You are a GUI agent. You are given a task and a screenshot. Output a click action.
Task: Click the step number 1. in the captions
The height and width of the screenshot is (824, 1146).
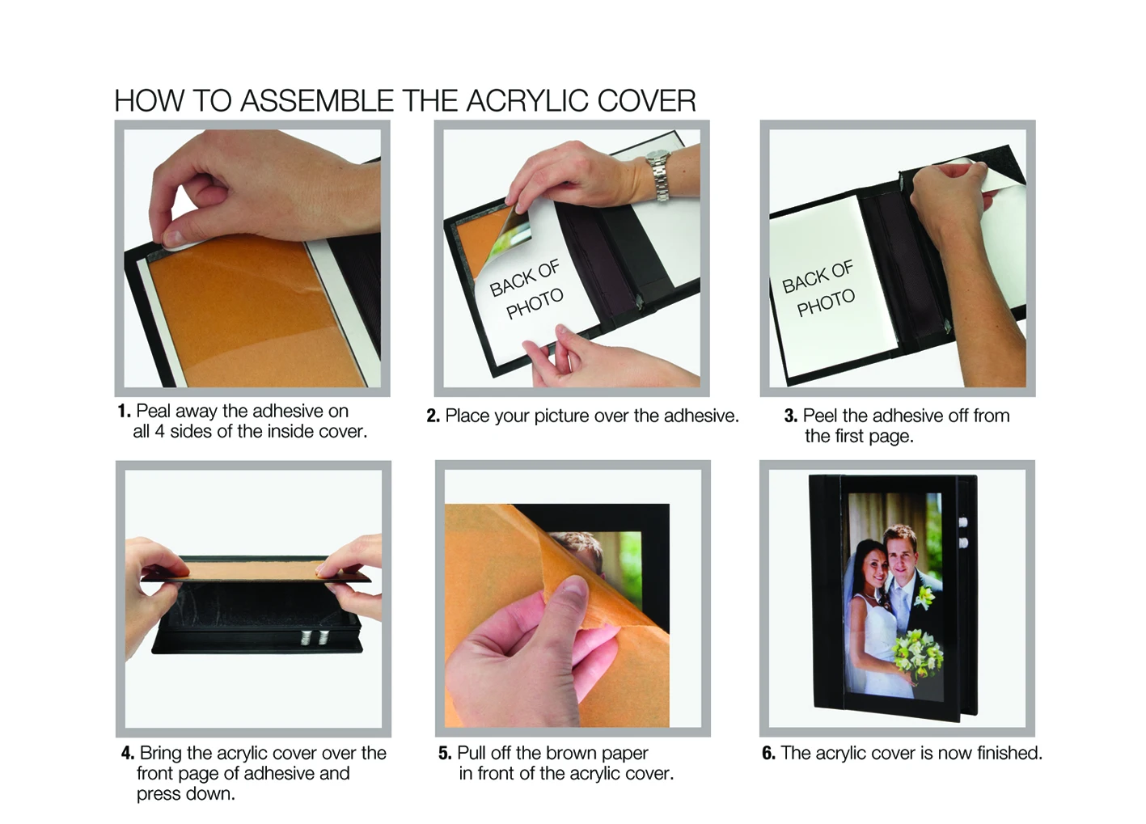125,411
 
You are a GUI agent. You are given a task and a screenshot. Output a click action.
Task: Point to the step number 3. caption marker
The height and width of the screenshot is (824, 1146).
791,416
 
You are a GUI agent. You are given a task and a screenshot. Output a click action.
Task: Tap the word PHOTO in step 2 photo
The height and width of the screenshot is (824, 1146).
535,303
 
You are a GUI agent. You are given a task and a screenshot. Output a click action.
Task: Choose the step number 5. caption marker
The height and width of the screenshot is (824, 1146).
445,753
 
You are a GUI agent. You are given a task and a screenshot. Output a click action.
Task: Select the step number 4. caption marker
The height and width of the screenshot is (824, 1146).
128,753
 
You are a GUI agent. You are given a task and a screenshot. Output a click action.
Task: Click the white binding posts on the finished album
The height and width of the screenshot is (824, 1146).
964,532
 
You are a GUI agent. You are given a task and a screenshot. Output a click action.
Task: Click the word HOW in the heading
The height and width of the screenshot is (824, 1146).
148,100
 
